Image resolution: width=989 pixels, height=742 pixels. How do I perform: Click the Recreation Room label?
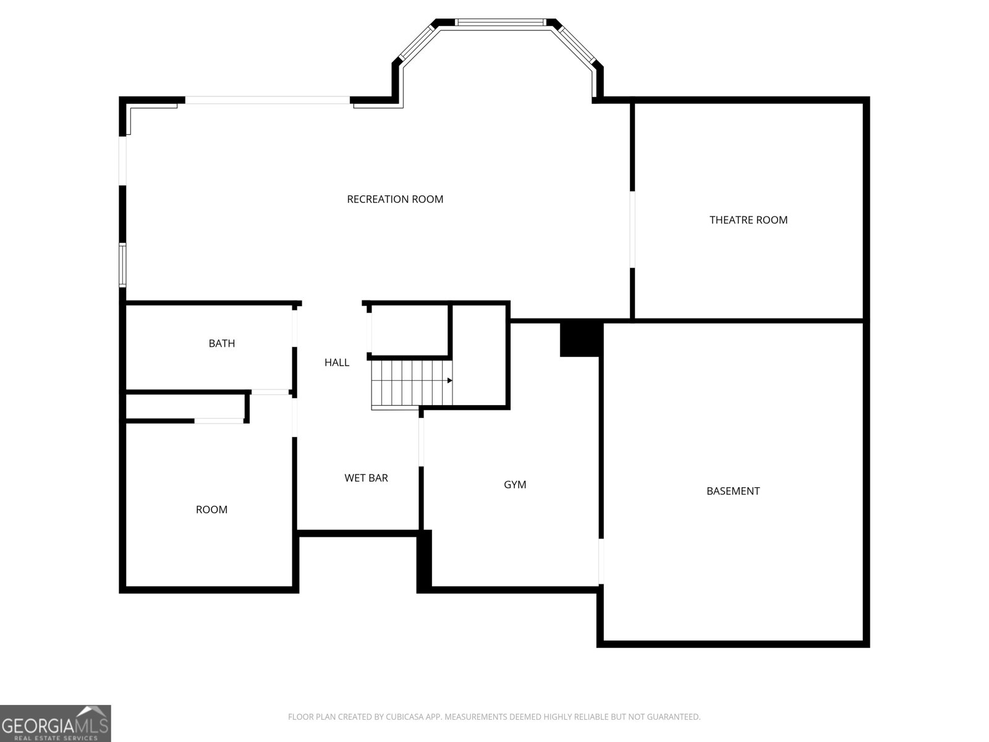coord(395,199)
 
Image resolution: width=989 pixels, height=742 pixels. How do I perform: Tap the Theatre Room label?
coord(749,220)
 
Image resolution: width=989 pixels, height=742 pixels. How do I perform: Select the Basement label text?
coord(733,491)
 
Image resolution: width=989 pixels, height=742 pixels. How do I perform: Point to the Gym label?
coord(515,485)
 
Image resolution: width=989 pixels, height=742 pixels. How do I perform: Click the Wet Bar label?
coord(366,478)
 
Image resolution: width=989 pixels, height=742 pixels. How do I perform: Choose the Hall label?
coord(337,363)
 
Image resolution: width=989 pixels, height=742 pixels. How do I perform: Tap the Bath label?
coord(222,344)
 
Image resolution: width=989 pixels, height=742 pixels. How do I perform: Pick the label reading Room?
coord(211,510)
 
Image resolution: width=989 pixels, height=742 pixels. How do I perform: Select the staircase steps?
coord(412,383)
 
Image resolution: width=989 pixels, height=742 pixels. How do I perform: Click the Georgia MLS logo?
coord(56,723)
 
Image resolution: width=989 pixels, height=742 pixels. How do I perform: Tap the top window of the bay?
coord(500,22)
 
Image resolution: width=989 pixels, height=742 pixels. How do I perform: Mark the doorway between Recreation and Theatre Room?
coord(632,229)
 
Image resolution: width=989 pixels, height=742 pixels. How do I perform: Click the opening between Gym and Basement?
coord(601,561)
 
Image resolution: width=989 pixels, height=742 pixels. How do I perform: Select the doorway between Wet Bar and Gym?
coord(422,442)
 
